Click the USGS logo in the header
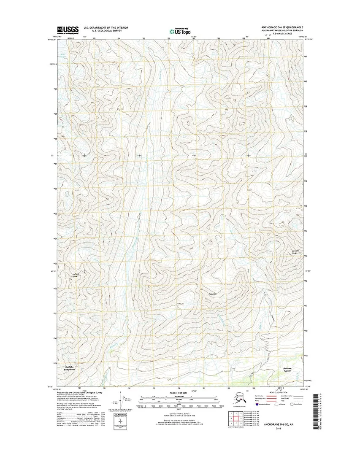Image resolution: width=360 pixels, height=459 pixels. [68, 29]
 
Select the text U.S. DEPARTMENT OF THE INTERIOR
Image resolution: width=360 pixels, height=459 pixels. [106, 27]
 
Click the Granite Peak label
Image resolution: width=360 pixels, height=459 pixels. [295, 252]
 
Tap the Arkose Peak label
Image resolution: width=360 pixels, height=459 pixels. [76, 275]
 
